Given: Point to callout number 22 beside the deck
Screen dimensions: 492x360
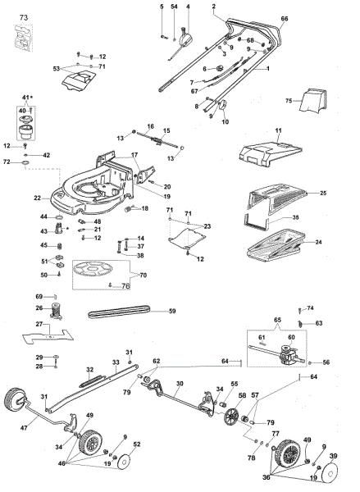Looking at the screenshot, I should pyautogui.click(x=38, y=198).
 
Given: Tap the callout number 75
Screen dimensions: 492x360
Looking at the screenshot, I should pyautogui.click(x=288, y=102).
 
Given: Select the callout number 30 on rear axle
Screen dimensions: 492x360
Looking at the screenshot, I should pyautogui.click(x=179, y=384).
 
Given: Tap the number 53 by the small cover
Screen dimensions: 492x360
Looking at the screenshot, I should pyautogui.click(x=57, y=69).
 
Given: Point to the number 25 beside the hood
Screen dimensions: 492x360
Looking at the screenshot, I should pyautogui.click(x=323, y=193).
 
